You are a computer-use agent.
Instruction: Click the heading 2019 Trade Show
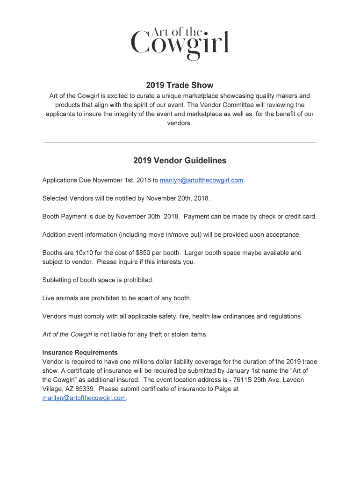(x=180, y=85)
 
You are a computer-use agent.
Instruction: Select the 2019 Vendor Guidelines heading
(x=180, y=160)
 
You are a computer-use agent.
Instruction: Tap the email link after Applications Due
(x=202, y=180)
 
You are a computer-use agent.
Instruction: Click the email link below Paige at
(x=84, y=398)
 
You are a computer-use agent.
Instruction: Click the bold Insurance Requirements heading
(x=80, y=352)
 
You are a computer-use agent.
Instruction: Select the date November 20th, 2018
(x=178, y=198)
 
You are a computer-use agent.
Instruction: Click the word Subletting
(x=58, y=280)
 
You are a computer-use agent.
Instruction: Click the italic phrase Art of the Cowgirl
(x=67, y=334)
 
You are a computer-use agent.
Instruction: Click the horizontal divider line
(x=180, y=142)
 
